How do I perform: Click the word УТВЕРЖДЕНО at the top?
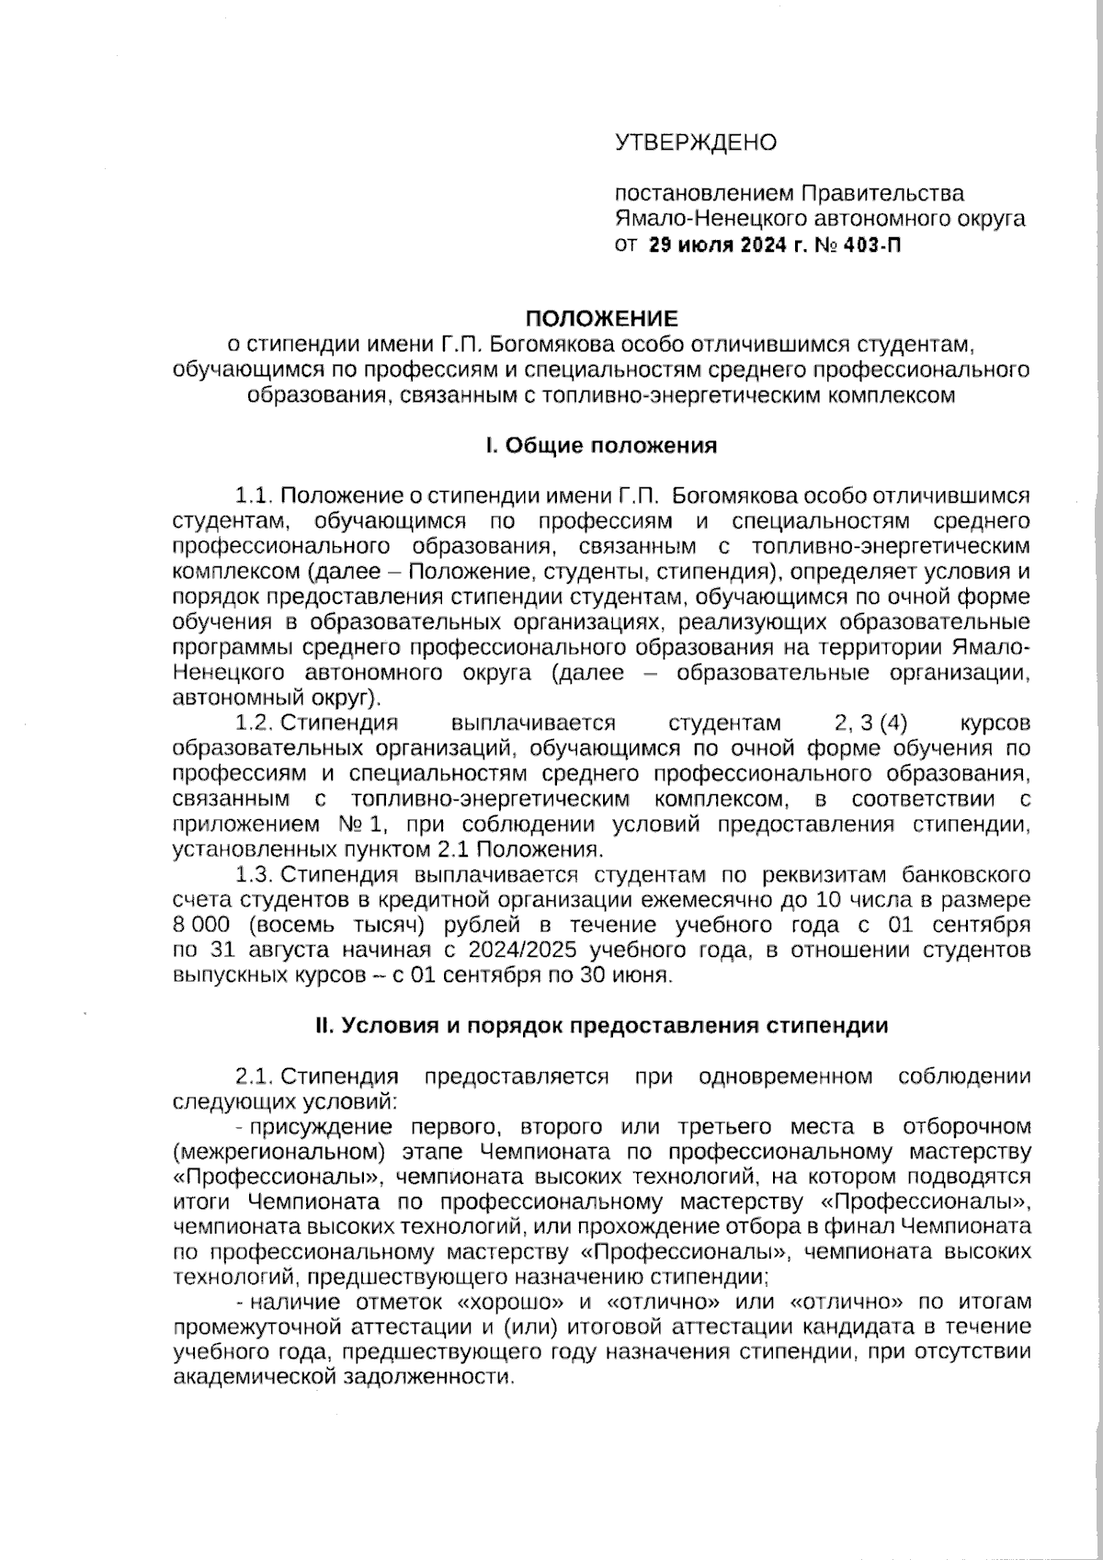[696, 142]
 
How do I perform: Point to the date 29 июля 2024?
[712, 245]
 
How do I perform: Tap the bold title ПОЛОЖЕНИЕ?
[601, 319]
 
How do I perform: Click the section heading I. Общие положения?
[601, 446]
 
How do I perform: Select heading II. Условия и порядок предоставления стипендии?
[601, 1026]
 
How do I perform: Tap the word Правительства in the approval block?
[882, 194]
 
